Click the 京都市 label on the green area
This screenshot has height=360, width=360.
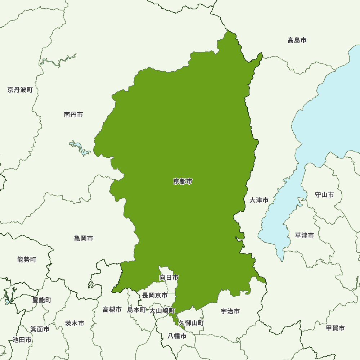(x=183, y=181)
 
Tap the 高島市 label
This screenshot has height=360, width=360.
(x=297, y=40)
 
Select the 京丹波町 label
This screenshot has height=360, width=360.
(x=20, y=90)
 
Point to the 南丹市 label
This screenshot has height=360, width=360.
(x=73, y=114)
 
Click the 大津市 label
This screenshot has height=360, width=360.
(x=259, y=200)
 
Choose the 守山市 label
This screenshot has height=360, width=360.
(x=324, y=195)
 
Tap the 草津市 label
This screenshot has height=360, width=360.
(x=304, y=235)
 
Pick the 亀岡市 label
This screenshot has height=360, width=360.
(x=84, y=238)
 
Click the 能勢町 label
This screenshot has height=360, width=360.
(x=27, y=259)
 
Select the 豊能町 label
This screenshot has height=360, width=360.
(x=42, y=300)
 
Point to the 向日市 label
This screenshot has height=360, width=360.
(x=169, y=278)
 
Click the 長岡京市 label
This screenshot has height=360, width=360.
(x=155, y=295)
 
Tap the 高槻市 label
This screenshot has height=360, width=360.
(x=112, y=309)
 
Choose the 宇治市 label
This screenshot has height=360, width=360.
(x=230, y=311)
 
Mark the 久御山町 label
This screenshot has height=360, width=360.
(x=191, y=323)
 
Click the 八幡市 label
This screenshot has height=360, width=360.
(x=177, y=336)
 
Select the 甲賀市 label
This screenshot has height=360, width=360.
(x=335, y=328)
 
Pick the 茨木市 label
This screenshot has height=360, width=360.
(x=75, y=323)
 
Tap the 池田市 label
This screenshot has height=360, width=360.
(x=22, y=339)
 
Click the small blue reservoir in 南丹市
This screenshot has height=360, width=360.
(x=80, y=147)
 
